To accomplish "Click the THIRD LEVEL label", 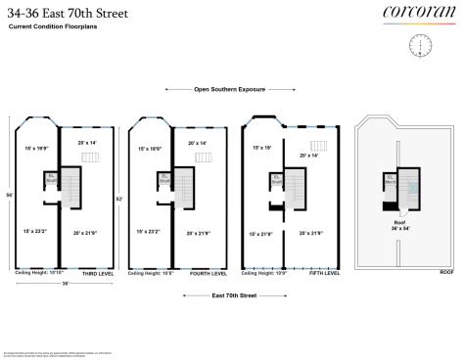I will (x=95, y=274).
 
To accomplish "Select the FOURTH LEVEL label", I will (x=209, y=274).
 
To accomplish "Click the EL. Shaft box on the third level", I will (x=51, y=178).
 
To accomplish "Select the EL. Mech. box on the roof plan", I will (x=390, y=178).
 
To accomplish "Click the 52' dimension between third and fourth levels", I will (x=118, y=199).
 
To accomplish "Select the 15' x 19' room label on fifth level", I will (x=261, y=148).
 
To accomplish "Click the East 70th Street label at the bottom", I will (x=234, y=293).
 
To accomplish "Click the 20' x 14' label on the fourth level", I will (x=197, y=144).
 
